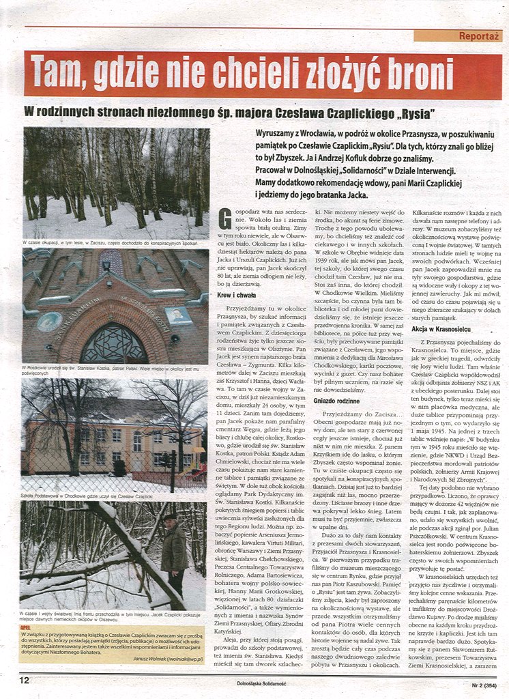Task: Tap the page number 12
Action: pyautogui.click(x=24, y=680)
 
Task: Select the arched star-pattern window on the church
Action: pyautogui.click(x=114, y=345)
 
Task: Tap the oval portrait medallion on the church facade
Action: pyautogui.click(x=48, y=322)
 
